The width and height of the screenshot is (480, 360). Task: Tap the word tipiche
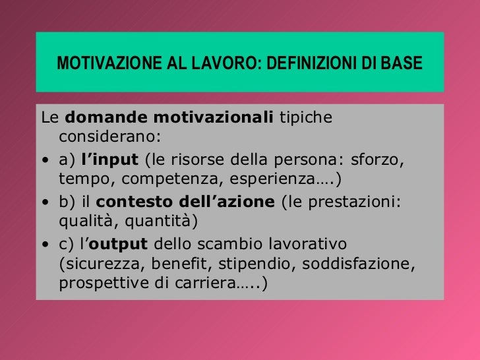[x=307, y=119]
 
